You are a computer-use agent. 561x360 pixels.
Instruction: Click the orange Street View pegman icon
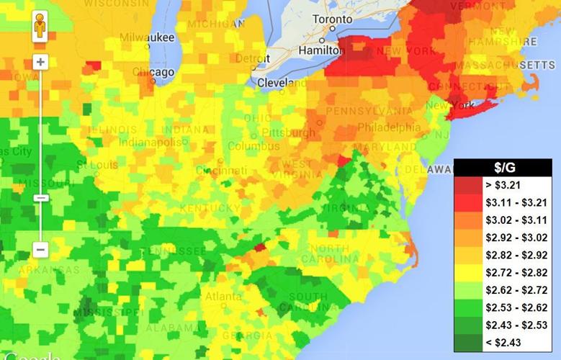(40, 28)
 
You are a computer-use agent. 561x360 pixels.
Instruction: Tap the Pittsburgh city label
(288, 133)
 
